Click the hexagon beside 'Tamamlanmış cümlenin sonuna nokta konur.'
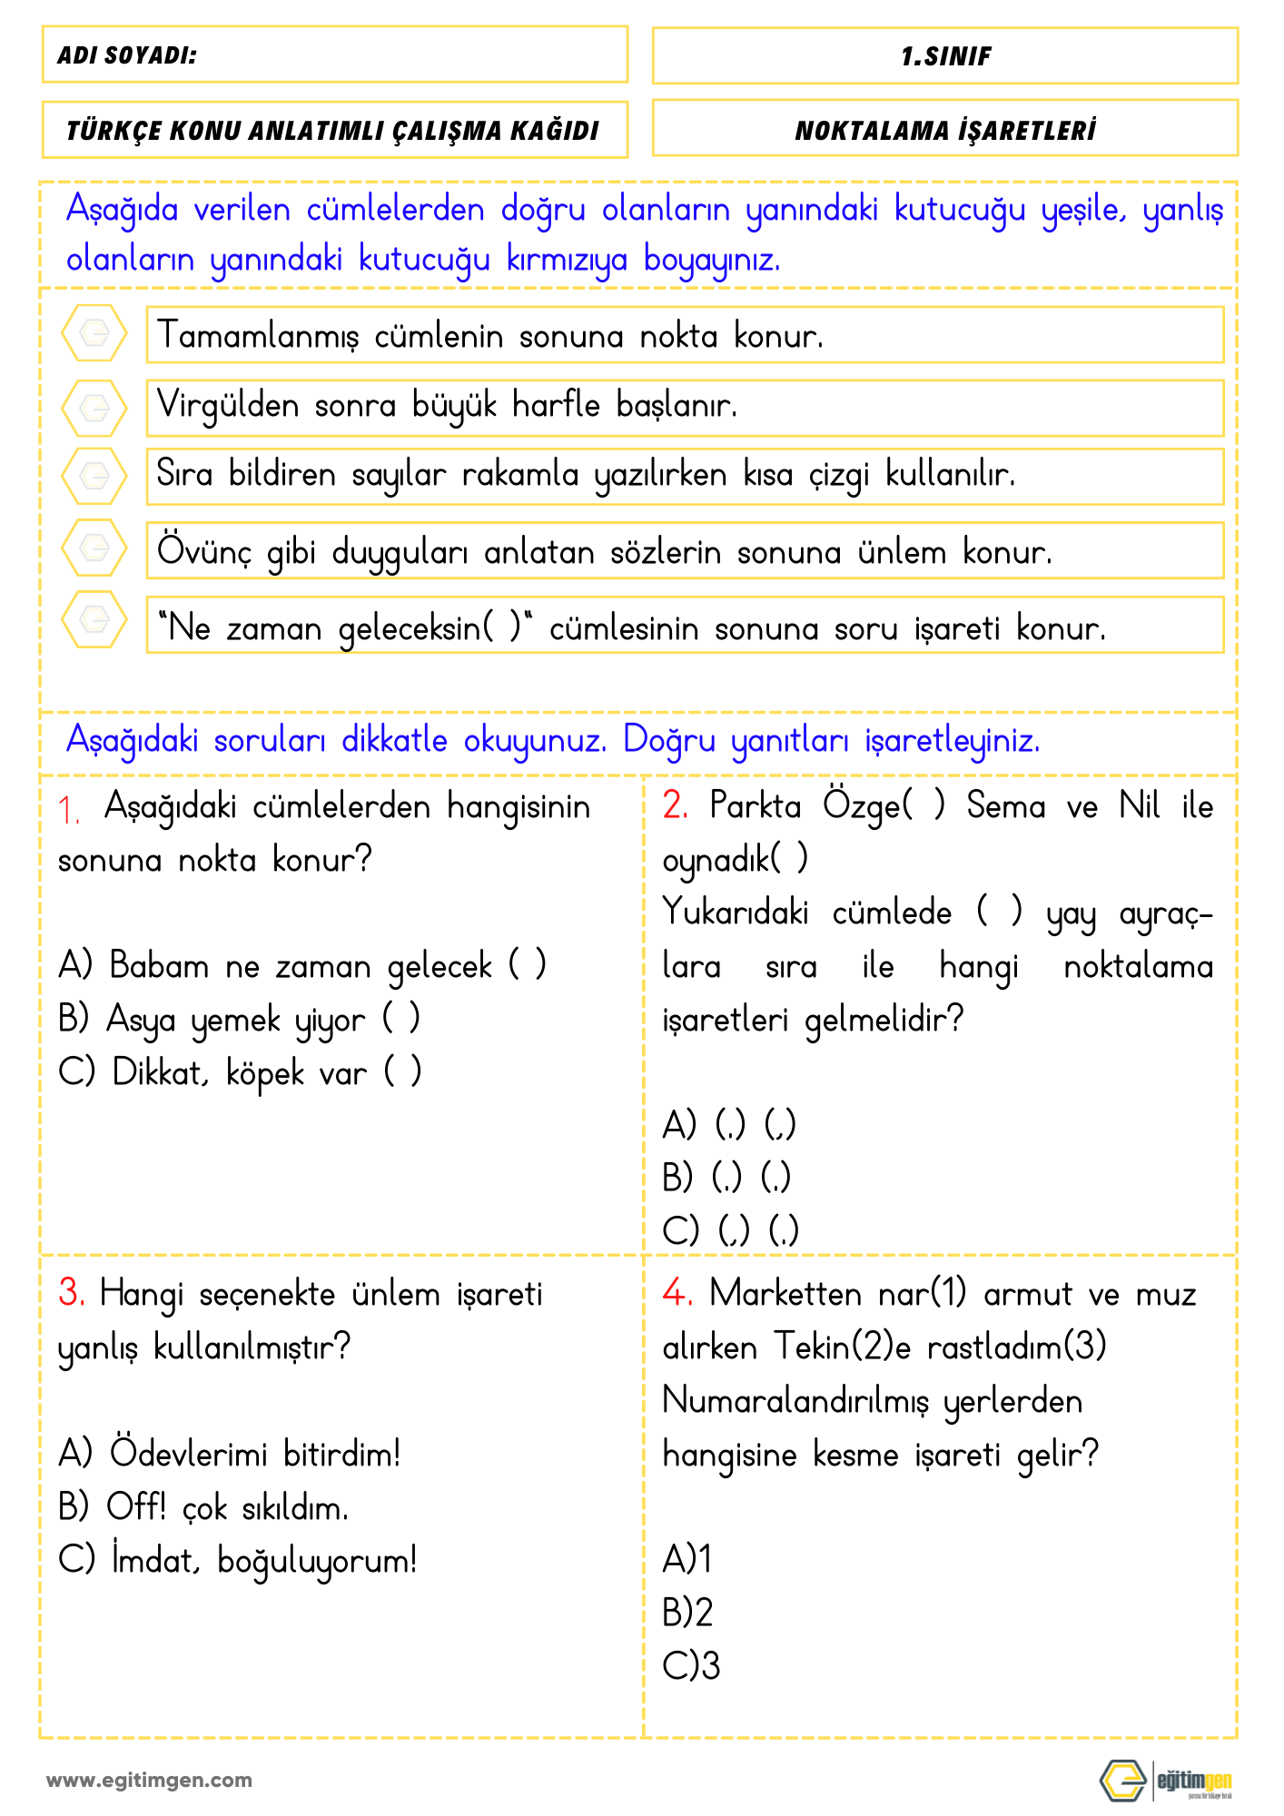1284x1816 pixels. click(94, 333)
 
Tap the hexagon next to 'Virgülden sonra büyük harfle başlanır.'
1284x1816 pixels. click(94, 408)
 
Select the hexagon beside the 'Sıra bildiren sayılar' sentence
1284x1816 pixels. click(94, 475)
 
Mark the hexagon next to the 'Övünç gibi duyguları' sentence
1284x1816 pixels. click(94, 548)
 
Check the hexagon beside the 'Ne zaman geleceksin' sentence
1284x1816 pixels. click(94, 619)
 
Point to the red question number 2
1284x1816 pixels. click(675, 805)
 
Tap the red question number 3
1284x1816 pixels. click(72, 1292)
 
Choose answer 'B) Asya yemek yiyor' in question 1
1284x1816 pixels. click(238, 1020)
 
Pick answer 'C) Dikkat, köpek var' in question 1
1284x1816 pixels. click(239, 1072)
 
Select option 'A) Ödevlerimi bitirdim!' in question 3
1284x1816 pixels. click(229, 1454)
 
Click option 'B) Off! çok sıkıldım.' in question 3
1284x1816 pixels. click(202, 1507)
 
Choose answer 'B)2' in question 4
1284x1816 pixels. click(687, 1613)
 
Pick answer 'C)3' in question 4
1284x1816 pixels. click(691, 1665)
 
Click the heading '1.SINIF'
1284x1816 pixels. click(945, 56)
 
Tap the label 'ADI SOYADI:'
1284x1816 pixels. click(127, 55)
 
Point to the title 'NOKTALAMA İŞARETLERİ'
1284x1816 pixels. click(945, 131)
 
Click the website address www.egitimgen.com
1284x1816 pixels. click(150, 1781)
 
